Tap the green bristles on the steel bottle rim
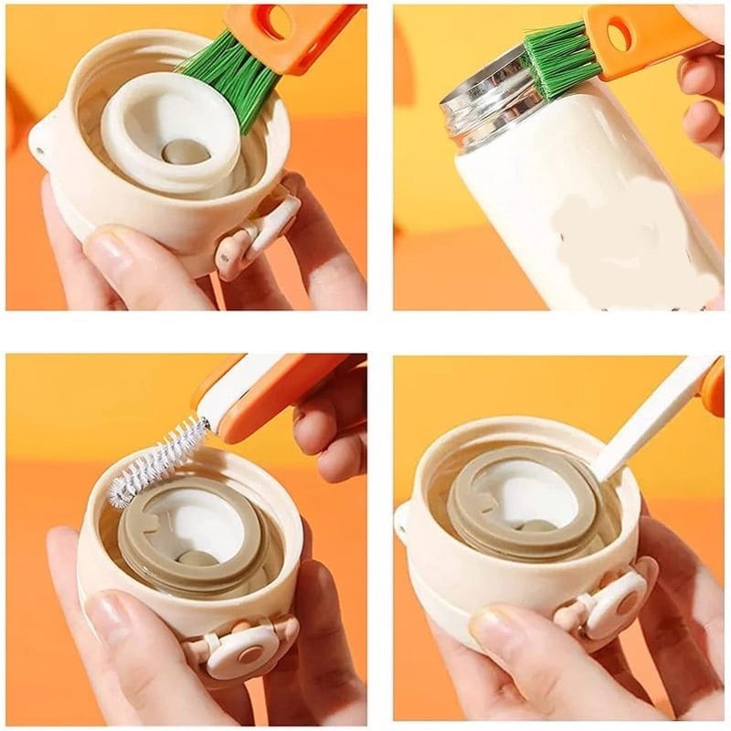559,59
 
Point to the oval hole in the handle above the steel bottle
620,35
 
